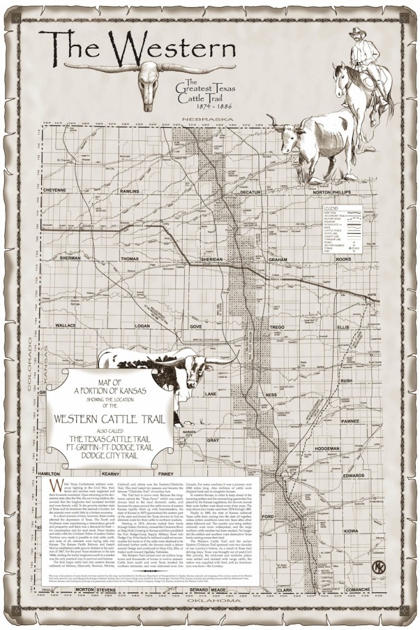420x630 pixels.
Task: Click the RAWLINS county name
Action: point(129,190)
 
